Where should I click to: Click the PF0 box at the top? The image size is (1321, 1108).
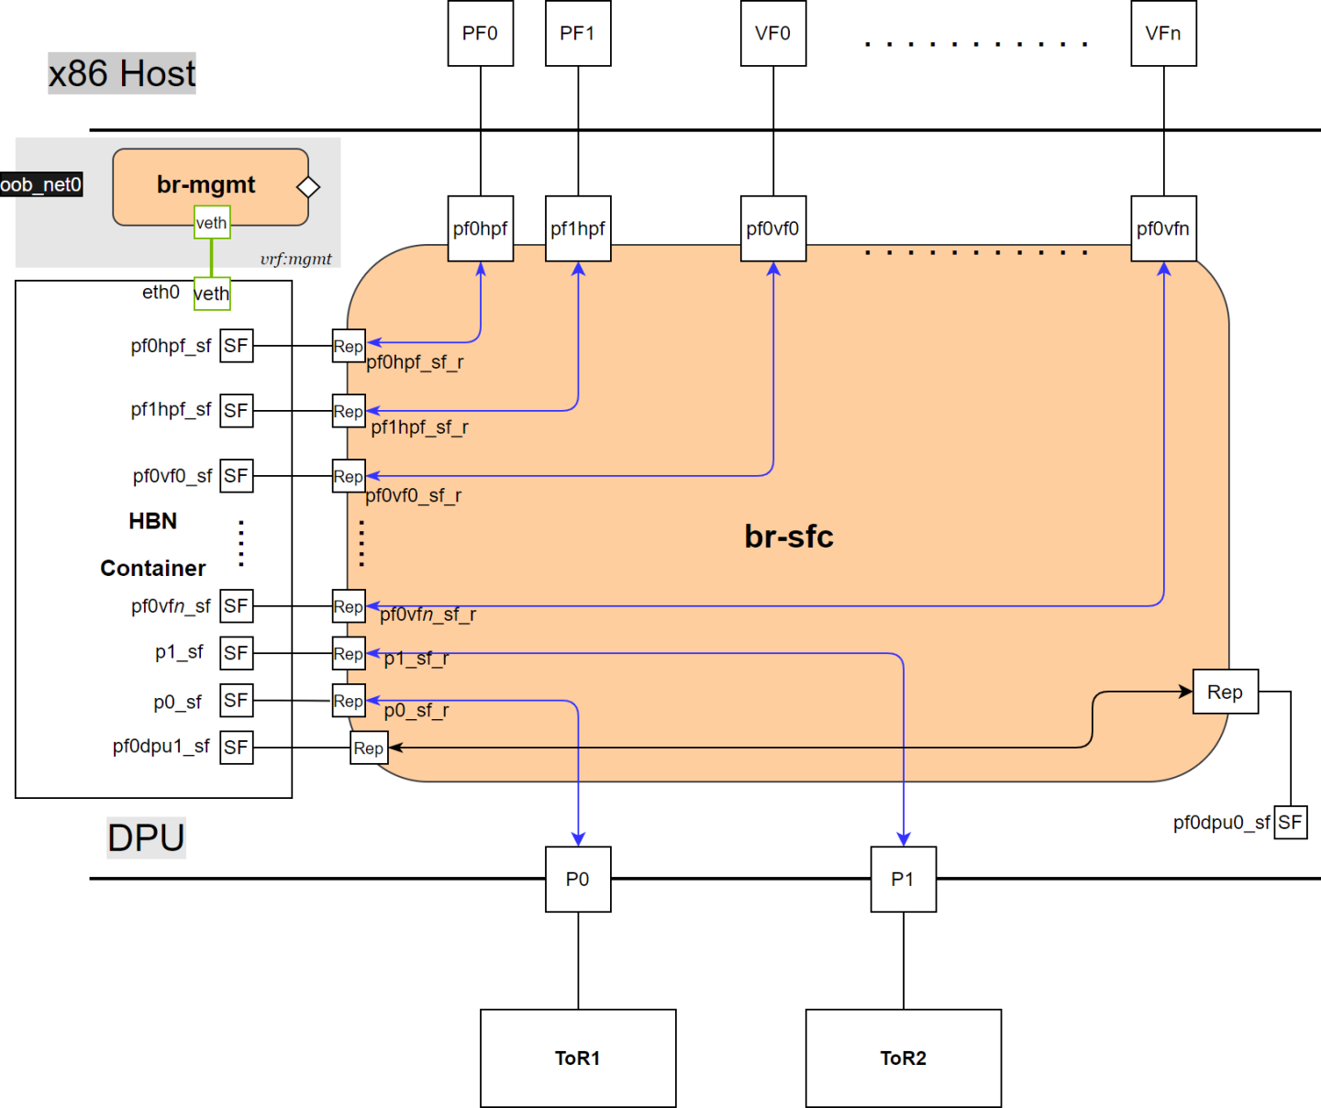(480, 34)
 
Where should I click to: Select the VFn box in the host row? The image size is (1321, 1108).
(1163, 34)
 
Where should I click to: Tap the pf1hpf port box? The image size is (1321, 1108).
(578, 228)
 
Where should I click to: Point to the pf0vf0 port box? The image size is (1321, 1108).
(772, 228)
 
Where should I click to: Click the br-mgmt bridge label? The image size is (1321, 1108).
(205, 184)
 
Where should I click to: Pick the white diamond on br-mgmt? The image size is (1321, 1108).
(308, 187)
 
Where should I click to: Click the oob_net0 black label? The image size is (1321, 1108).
(41, 184)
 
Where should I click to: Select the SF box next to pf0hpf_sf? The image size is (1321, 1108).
(236, 346)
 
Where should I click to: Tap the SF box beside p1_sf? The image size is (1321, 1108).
(236, 653)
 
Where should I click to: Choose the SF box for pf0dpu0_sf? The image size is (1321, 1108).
(1290, 822)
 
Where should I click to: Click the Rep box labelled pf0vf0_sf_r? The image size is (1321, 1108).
(349, 476)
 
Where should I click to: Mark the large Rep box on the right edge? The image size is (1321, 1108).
(1225, 692)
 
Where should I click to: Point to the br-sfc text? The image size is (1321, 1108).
(788, 537)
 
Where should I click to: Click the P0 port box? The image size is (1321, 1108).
(578, 879)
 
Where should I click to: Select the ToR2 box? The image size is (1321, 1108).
(903, 1058)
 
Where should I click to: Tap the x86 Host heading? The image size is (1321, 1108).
(122, 73)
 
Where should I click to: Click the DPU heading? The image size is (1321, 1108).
(146, 837)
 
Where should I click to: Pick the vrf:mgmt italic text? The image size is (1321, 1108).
(295, 259)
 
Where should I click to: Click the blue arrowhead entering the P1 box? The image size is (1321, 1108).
(904, 838)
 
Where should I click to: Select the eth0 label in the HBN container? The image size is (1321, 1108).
(161, 293)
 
